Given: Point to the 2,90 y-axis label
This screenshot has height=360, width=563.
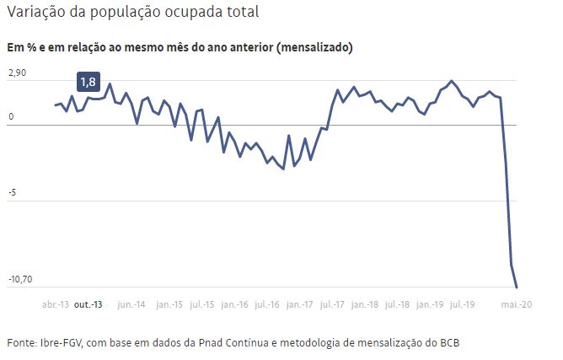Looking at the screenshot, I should click(17, 74).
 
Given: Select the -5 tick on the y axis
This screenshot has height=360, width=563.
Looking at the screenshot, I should click(12, 192).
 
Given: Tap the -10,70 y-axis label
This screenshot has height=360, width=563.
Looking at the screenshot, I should click(22, 279).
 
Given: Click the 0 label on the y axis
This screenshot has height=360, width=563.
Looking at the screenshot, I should click(10, 117).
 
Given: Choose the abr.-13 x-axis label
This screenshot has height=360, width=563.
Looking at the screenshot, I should click(56, 304).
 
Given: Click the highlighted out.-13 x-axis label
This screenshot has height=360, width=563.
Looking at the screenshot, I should click(89, 304).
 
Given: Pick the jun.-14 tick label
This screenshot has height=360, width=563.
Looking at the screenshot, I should click(131, 304).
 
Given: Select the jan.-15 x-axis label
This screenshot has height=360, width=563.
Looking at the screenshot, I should click(169, 304).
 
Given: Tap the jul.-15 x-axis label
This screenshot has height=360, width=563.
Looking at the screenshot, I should click(202, 304).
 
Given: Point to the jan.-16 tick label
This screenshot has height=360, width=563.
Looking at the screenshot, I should click(236, 304).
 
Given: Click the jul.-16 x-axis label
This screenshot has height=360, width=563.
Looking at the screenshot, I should click(268, 304).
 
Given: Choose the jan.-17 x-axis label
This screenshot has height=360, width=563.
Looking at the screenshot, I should click(301, 304).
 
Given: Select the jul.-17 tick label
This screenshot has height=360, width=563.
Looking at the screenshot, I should click(334, 304).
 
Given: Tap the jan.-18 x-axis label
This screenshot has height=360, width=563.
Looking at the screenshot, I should click(365, 304).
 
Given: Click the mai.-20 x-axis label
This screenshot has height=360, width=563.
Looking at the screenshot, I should click(517, 304).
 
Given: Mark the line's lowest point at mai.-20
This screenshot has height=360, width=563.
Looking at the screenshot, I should click(517, 287).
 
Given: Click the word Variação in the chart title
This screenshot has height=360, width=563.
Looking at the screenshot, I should click(35, 13).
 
